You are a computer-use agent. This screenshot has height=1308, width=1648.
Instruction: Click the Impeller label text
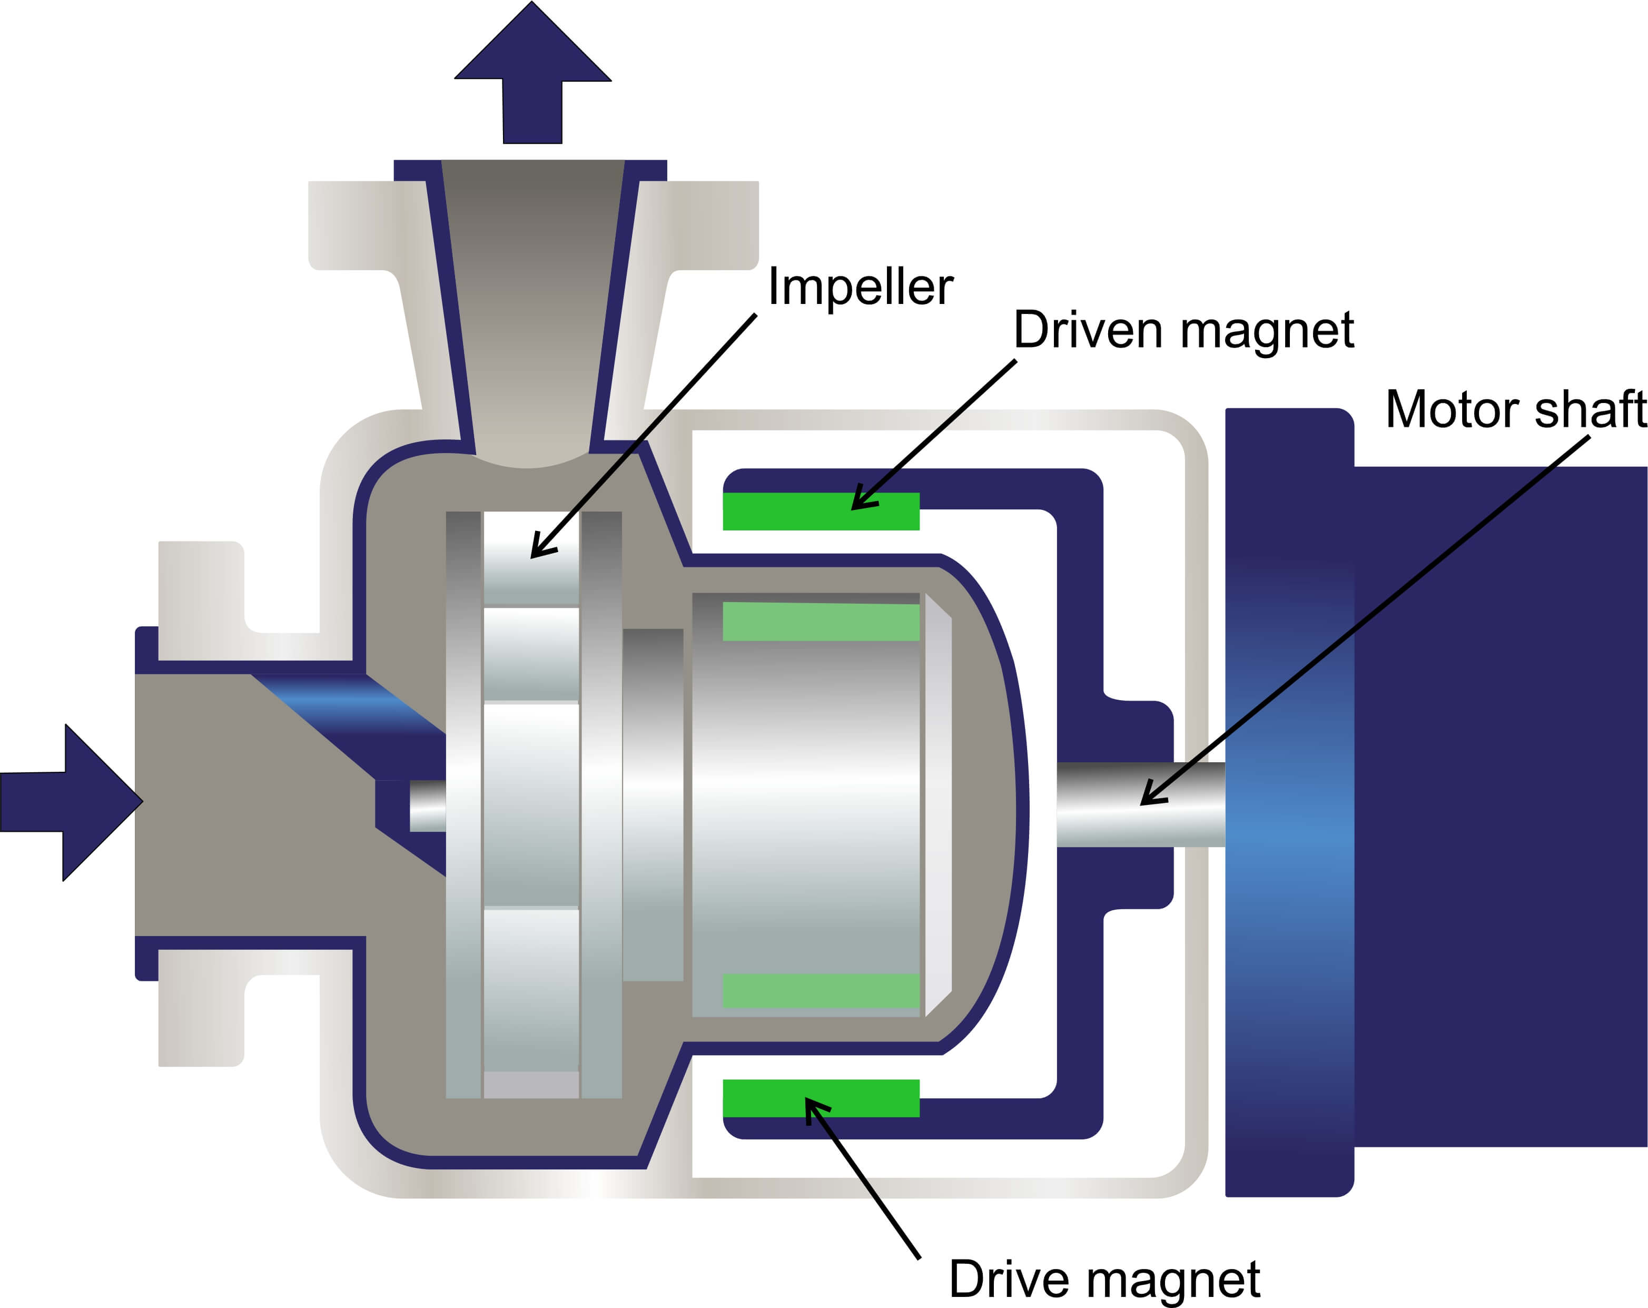(x=860, y=288)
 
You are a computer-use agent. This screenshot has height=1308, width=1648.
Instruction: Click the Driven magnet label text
(x=1183, y=330)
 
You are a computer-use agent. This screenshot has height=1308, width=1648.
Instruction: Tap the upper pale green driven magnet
(x=821, y=622)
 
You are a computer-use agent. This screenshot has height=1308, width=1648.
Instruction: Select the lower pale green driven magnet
(x=821, y=991)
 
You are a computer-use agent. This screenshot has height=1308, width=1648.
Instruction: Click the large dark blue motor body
(x=1498, y=803)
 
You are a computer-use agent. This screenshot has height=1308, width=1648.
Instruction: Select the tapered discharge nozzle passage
(x=533, y=306)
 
